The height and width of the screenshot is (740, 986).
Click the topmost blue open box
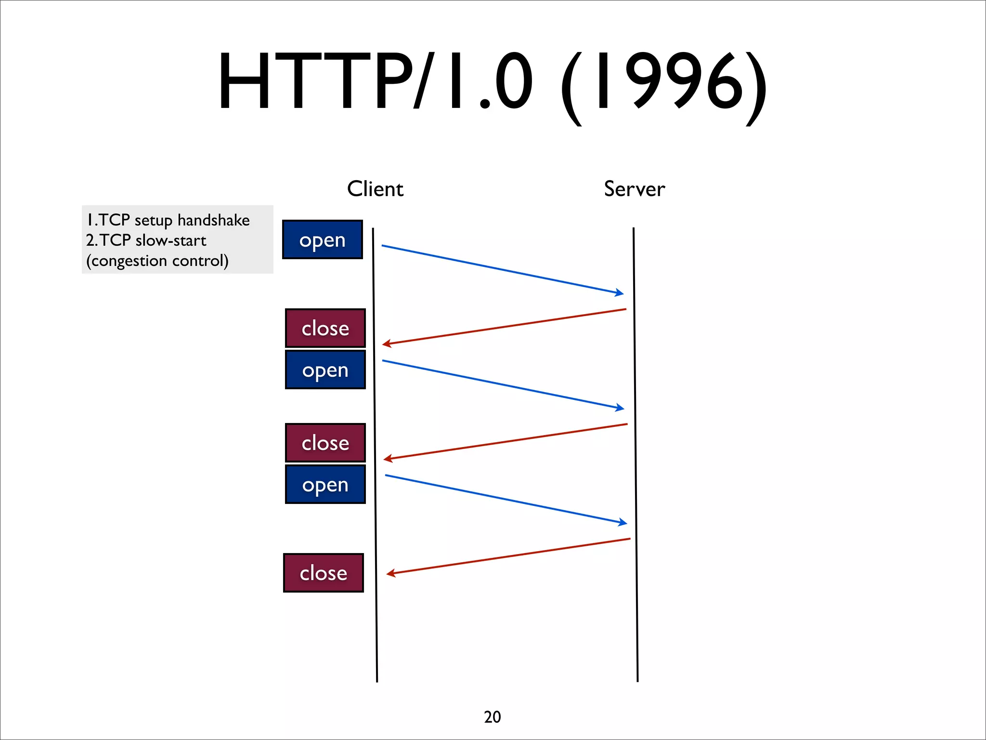click(322, 239)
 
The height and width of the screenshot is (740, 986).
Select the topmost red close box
click(325, 328)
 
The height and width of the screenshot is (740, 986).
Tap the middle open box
click(325, 370)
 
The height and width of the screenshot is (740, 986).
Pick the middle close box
click(325, 443)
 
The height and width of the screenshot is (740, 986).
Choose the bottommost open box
click(325, 484)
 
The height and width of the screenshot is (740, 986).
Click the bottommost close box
click(323, 573)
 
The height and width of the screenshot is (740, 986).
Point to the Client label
click(375, 189)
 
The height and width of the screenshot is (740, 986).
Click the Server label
click(634, 189)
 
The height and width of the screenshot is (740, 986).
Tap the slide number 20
click(492, 717)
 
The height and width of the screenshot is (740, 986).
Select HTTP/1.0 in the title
click(376, 82)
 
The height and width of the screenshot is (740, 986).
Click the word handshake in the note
click(213, 220)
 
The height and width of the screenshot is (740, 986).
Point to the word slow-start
click(171, 240)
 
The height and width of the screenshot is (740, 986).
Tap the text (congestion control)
click(157, 261)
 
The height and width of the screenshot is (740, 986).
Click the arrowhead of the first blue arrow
click(620, 292)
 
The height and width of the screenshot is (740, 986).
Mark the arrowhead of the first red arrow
click(386, 344)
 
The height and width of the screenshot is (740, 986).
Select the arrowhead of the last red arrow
click(390, 573)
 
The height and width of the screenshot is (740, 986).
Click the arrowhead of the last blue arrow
click(623, 522)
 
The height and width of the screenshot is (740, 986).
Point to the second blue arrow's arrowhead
click(621, 408)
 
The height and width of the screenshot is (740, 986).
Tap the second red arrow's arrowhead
click(387, 459)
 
